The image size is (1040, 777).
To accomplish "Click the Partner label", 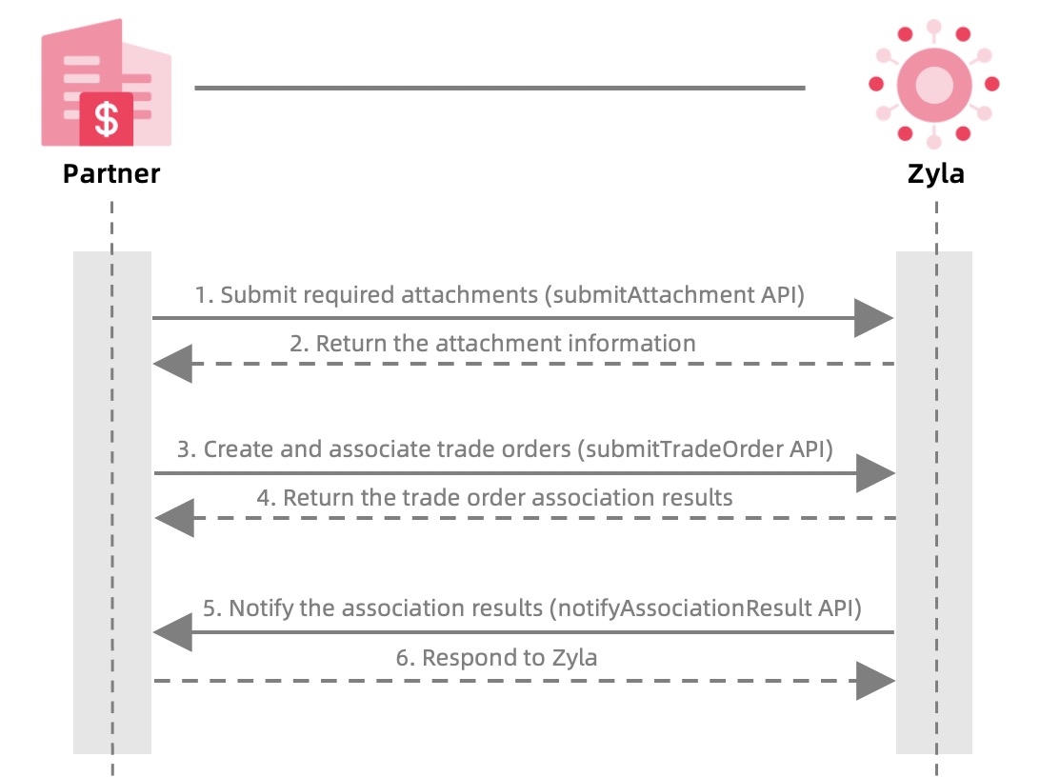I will [111, 174].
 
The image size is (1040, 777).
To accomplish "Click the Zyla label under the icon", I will [935, 174].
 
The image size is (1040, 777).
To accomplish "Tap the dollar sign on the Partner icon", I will [107, 119].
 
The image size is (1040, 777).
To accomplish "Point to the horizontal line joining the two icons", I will [500, 89].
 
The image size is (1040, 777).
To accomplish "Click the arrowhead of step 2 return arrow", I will [173, 364].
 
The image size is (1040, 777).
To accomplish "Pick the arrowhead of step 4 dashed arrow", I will [174, 518].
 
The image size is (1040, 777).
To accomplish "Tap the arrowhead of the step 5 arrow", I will [173, 632].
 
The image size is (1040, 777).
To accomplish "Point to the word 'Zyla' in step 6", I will [573, 658].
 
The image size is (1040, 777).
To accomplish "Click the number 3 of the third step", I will [183, 449].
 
